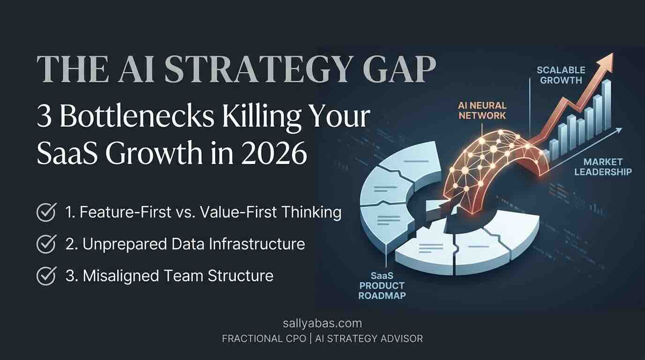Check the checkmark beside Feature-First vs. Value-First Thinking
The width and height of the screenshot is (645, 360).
[x=46, y=212]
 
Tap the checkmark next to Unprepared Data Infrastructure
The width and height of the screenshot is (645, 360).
[x=46, y=244]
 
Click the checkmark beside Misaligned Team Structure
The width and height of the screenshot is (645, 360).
[x=46, y=276]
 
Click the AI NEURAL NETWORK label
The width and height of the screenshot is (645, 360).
[x=482, y=110]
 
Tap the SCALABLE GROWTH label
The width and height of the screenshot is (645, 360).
[x=561, y=75]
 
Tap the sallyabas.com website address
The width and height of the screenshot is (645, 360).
[x=322, y=323]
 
